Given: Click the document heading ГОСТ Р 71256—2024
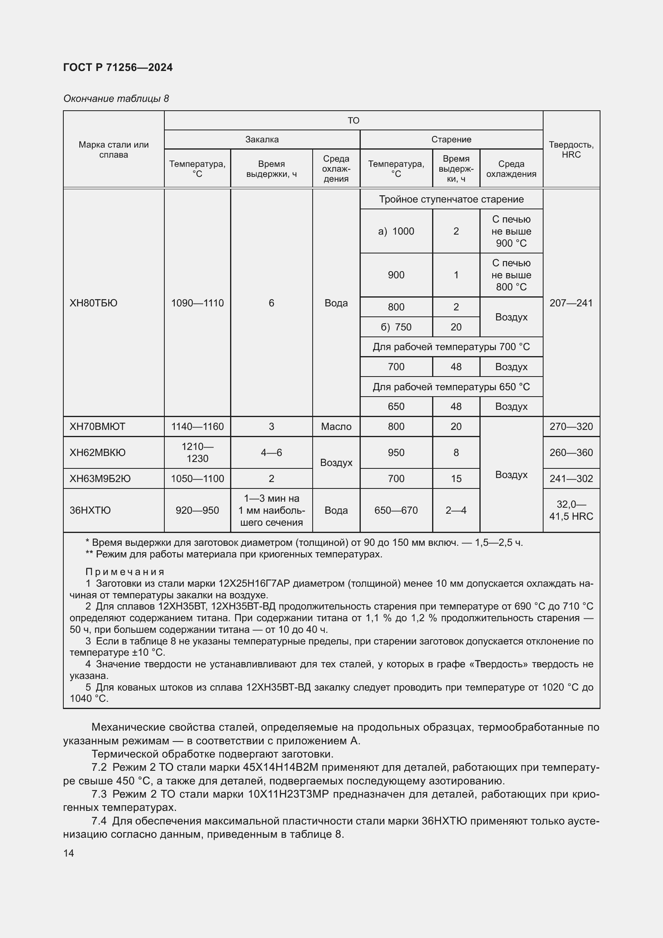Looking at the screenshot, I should pyautogui.click(x=118, y=67).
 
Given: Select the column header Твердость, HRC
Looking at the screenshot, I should pyautogui.click(x=571, y=150).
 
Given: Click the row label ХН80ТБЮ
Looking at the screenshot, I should pyautogui.click(x=93, y=303).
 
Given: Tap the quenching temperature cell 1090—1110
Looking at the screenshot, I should pyautogui.click(x=197, y=303).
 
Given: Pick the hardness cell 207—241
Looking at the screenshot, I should pyautogui.click(x=571, y=303).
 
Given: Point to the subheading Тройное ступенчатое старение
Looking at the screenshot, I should pyautogui.click(x=451, y=199).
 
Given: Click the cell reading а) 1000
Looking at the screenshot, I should pyautogui.click(x=396, y=231).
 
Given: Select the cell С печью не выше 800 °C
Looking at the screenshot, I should pyautogui.click(x=511, y=275).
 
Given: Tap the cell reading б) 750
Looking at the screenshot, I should pyautogui.click(x=396, y=327).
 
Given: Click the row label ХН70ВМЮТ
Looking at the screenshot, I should pyautogui.click(x=97, y=427).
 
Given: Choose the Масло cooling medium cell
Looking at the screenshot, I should pyautogui.click(x=336, y=427).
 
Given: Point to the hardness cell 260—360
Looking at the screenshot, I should pyautogui.click(x=571, y=453).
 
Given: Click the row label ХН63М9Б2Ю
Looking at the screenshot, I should pyautogui.click(x=100, y=478).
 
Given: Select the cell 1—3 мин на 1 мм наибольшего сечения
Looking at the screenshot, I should pyautogui.click(x=271, y=510).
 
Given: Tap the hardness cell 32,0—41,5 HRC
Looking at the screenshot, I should pyautogui.click(x=571, y=510).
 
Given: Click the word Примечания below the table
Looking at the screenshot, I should pyautogui.click(x=125, y=572).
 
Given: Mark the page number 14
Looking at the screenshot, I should pyautogui.click(x=69, y=853).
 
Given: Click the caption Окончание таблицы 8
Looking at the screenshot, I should pyautogui.click(x=116, y=99).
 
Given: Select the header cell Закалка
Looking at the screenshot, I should pyautogui.click(x=262, y=139).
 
